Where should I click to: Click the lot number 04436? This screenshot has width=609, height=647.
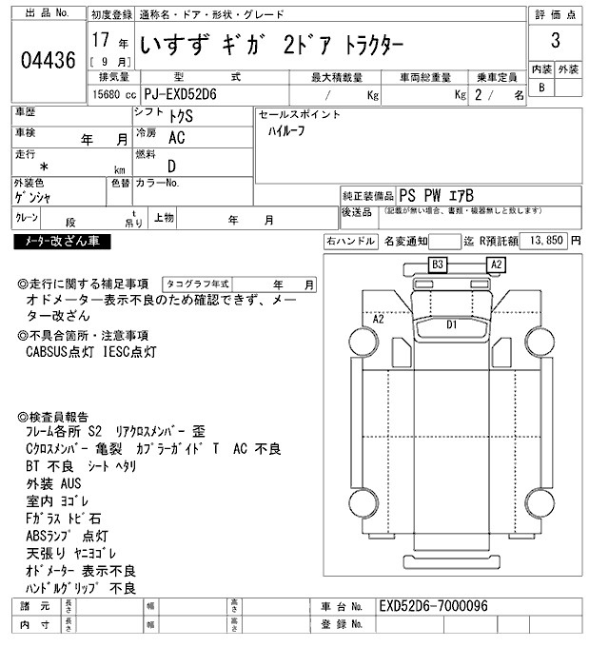48,61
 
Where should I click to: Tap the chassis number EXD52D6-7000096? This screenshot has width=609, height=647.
433,606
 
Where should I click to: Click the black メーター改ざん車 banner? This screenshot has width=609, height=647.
62,242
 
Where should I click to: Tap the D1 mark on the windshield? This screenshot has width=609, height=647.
453,324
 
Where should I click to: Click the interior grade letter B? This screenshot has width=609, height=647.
541,88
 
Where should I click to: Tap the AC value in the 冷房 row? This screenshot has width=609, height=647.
176,138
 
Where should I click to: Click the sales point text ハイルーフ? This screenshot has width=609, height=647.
286,131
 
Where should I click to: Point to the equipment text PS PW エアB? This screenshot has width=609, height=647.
436,193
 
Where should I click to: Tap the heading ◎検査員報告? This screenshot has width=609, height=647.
54,417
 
